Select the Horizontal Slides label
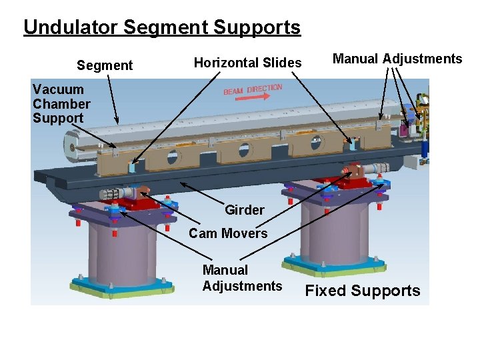247,63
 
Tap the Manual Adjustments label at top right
397,59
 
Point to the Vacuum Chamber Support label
61,104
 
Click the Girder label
244,210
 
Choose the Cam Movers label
228,233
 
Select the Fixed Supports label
363,291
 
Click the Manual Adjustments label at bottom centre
242,278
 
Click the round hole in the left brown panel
173,158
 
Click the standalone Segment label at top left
105,65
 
